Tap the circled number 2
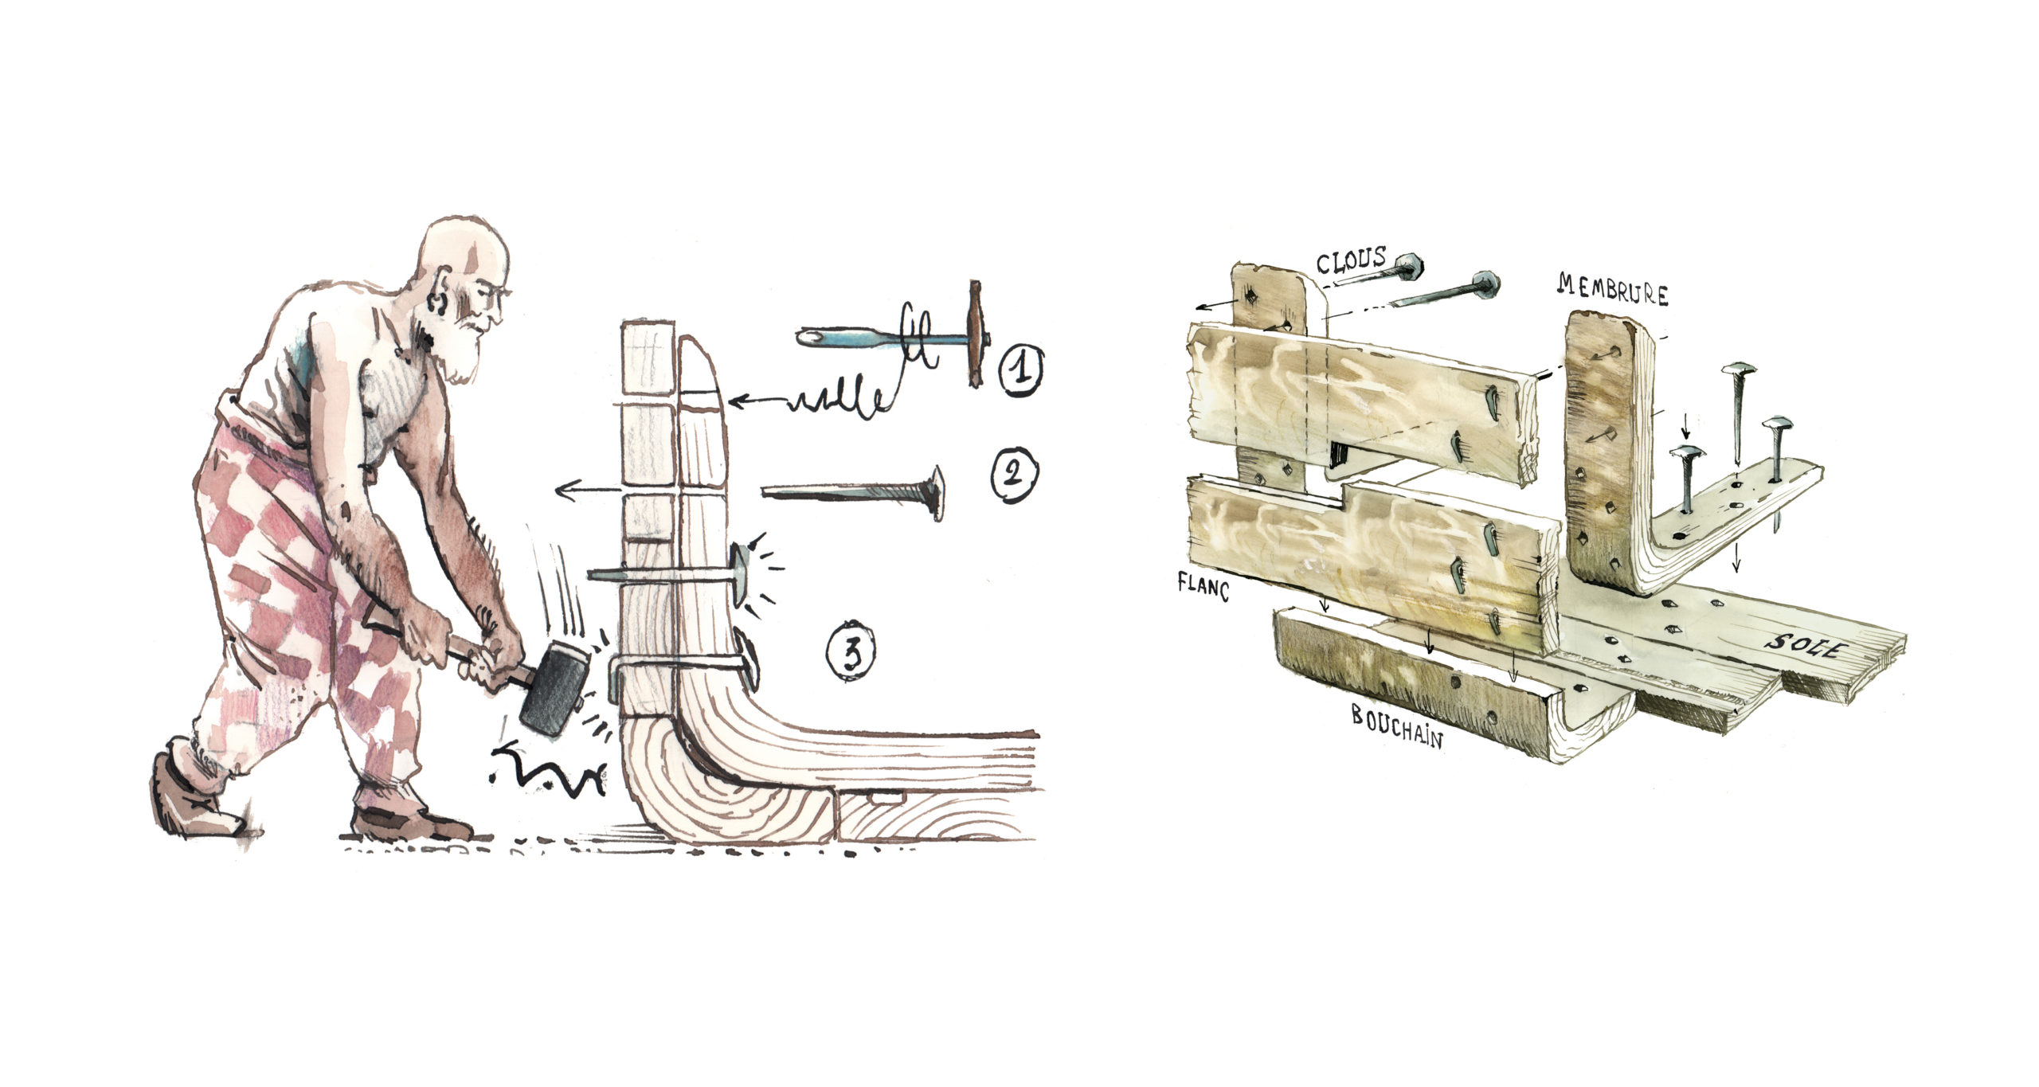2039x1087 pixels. point(1014,475)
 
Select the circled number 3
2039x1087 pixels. point(851,655)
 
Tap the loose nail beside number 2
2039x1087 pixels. point(853,491)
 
